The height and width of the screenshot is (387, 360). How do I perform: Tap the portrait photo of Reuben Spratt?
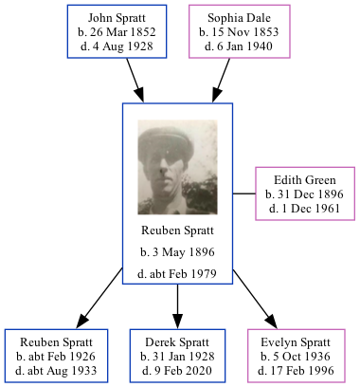177,166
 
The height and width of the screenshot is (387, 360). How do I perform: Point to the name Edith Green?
303,180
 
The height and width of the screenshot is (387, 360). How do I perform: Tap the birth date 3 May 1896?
177,252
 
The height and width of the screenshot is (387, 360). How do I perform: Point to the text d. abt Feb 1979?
177,274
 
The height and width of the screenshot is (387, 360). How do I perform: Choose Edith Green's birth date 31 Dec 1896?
303,193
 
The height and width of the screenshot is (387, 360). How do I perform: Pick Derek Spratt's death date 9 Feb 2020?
177,368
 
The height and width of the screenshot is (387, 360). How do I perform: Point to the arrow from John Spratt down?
134,76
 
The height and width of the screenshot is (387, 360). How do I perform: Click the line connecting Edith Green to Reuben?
243,193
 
